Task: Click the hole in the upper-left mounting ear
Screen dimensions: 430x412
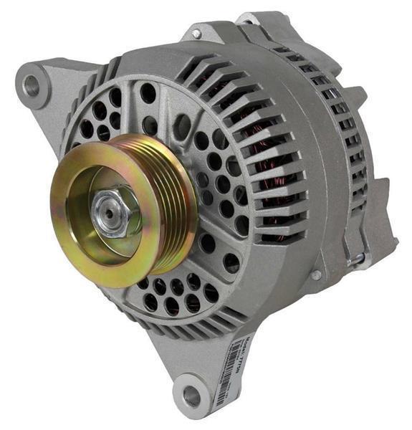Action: [32, 85]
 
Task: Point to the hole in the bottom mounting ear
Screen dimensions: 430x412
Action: [191, 395]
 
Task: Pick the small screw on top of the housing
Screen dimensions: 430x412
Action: [196, 34]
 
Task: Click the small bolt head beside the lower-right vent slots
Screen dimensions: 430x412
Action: [315, 274]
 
